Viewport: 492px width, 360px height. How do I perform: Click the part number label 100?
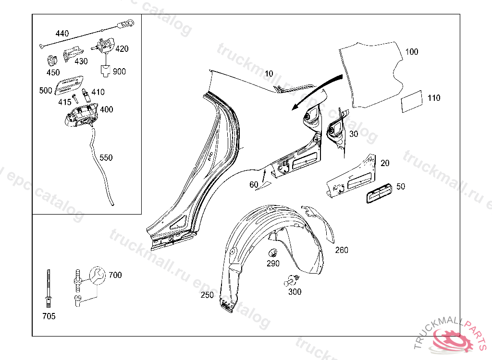coord(412,52)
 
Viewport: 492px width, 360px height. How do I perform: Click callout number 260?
coord(342,250)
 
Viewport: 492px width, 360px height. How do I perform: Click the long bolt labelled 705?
coord(48,288)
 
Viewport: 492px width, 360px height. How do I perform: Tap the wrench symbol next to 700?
coord(97,276)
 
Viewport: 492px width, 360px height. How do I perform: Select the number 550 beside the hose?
coord(106,157)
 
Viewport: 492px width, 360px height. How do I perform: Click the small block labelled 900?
coord(105,71)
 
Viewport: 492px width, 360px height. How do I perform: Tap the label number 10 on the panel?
coord(269,73)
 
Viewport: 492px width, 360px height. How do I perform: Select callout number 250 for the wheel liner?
coord(207,295)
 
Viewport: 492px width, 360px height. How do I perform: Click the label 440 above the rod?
coord(62,34)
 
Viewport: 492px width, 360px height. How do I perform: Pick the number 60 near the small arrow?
coord(254,185)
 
